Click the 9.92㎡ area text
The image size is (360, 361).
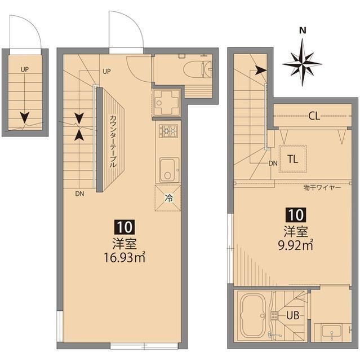pyautogui.click(x=295, y=245)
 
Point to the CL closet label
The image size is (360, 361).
pyautogui.click(x=314, y=117)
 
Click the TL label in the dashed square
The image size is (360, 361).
pyautogui.click(x=292, y=159)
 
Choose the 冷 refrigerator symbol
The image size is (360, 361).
pyautogui.click(x=168, y=197)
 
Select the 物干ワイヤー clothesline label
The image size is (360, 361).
pyautogui.click(x=322, y=188)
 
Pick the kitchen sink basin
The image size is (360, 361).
pyautogui.click(x=168, y=168)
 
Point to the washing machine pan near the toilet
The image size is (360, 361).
pyautogui.click(x=166, y=102)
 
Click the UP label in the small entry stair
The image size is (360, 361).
pyautogui.click(x=25, y=70)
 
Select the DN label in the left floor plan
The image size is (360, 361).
pyautogui.click(x=79, y=193)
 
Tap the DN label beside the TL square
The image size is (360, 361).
pyautogui.click(x=273, y=164)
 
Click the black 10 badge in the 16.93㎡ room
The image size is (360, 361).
pyautogui.click(x=125, y=227)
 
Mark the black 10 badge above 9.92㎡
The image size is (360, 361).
pyautogui.click(x=295, y=214)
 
